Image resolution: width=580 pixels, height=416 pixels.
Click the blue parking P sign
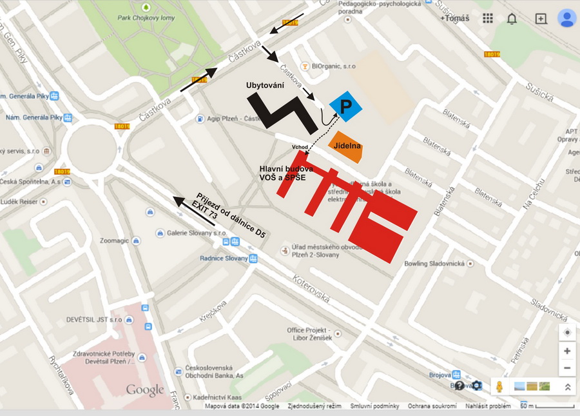tap(345, 106)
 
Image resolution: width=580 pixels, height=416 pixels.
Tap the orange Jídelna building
tap(347, 147)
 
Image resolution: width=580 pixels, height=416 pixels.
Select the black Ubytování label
tap(265, 85)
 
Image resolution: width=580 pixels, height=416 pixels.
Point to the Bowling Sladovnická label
tap(435, 263)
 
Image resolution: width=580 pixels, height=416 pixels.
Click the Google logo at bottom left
tap(145, 390)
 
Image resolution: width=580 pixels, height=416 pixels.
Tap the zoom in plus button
tap(566, 351)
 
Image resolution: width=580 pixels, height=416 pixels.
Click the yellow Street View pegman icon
tap(499, 386)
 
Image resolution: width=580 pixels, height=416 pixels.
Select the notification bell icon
tap(512, 19)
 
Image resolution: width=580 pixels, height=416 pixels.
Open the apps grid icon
tap(488, 19)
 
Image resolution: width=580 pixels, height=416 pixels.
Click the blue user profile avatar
tap(566, 18)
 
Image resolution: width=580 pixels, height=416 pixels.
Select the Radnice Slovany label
tap(224, 259)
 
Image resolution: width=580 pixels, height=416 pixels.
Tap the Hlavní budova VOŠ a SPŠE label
tap(286, 172)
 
